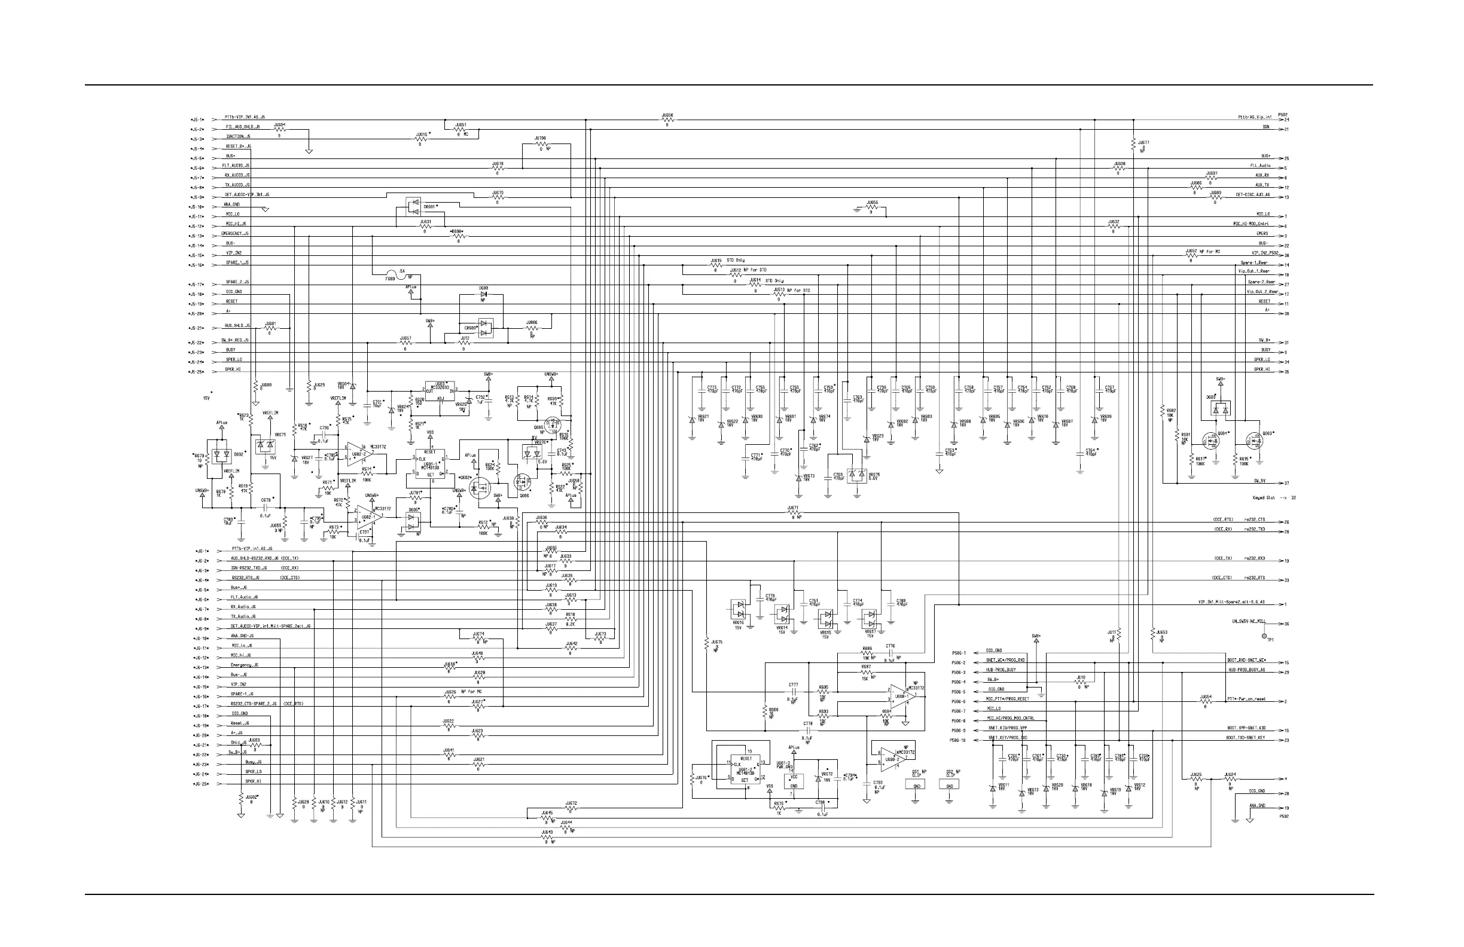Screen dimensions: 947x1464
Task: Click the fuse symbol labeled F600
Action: tap(392, 273)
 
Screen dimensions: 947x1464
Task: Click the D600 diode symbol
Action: tap(483, 295)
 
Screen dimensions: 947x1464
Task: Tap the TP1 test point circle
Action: tap(1264, 636)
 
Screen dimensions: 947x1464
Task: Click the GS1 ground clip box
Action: tap(917, 785)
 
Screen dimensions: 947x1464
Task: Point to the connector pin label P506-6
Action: tap(957, 702)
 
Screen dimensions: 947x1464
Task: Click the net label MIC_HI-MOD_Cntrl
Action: tap(1250, 224)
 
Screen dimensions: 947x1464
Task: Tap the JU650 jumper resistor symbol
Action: tap(667, 120)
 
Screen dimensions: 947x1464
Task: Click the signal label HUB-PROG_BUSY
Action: tap(1001, 670)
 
